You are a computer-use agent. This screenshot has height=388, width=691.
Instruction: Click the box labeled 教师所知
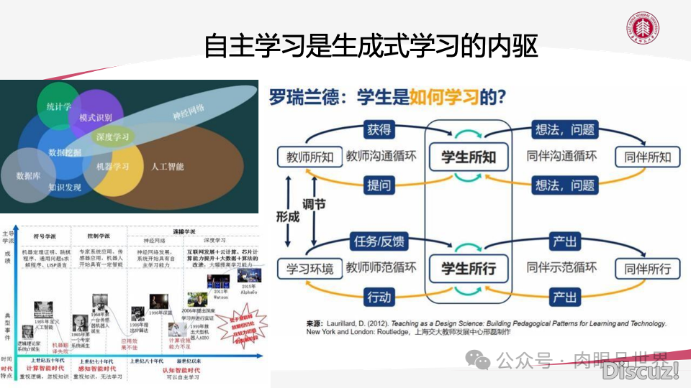point(310,157)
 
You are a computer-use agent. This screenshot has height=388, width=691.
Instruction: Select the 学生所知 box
point(468,157)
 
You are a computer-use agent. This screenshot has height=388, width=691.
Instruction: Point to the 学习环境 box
point(310,269)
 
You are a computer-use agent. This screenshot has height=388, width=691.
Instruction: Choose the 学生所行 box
point(468,269)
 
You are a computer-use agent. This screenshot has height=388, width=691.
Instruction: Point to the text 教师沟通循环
point(381,157)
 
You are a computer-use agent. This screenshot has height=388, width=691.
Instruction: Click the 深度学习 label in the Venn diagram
point(112,137)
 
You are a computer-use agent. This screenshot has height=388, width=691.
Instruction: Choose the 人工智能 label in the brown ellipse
point(167,167)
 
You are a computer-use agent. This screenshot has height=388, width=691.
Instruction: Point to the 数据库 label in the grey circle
point(28,175)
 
